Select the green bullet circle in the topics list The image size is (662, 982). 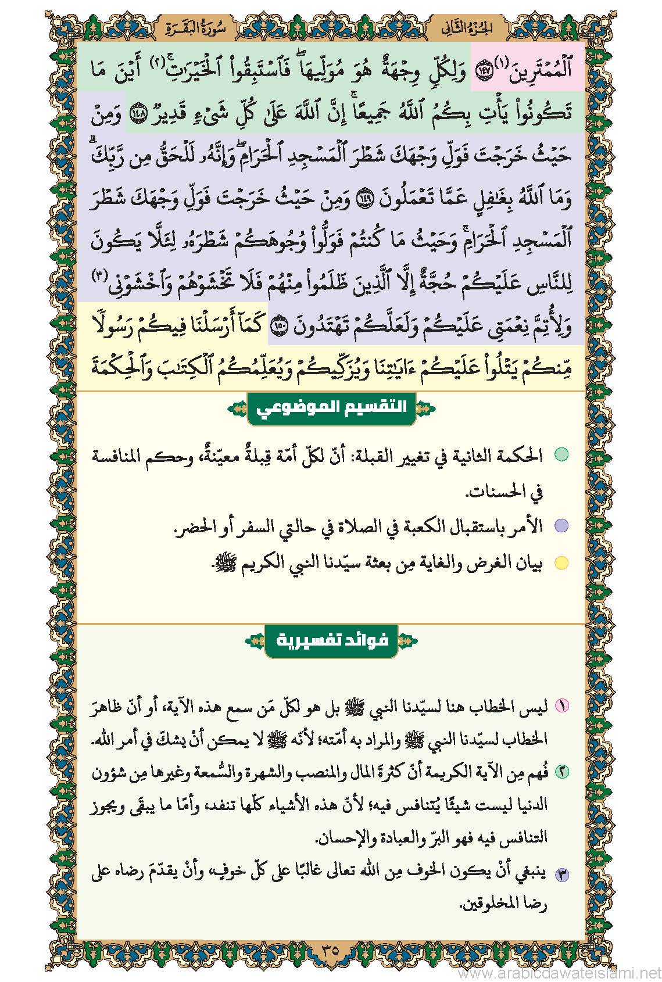point(560,455)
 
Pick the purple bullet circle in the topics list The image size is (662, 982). point(560,527)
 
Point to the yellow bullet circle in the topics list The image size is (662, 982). point(560,563)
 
